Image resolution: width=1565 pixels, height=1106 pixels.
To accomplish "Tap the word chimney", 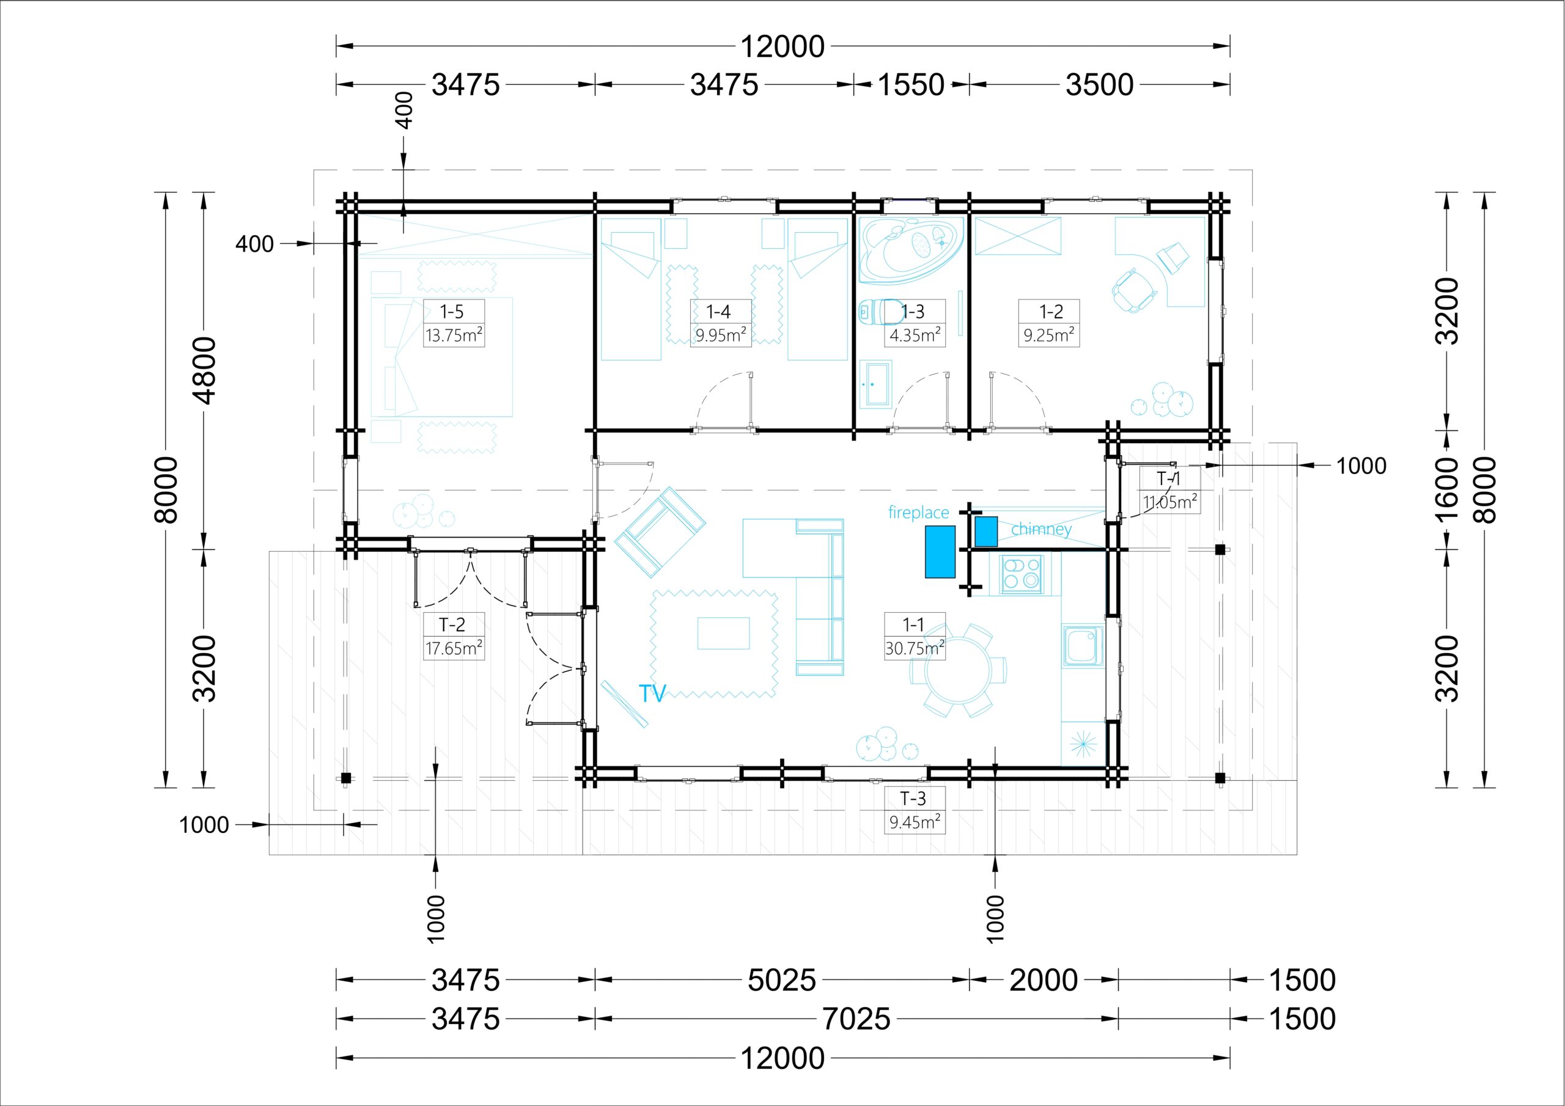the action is click(x=1041, y=529).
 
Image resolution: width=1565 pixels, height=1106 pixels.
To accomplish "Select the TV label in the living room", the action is click(x=652, y=694).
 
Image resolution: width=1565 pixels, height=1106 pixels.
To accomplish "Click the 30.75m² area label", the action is click(x=915, y=648).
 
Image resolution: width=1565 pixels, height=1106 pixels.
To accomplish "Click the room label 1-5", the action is click(x=451, y=312).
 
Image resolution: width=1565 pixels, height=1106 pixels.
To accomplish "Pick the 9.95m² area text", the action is click(x=721, y=335).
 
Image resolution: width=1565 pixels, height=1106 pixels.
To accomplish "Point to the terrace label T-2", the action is click(x=452, y=624).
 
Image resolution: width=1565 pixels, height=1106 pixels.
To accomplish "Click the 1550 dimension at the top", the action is click(x=911, y=85).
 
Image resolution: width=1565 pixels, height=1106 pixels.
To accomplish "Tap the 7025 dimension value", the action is click(x=856, y=1019).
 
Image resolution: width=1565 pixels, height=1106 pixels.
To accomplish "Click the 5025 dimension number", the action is click(x=781, y=981).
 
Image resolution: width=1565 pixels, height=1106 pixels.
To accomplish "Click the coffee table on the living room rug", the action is click(x=723, y=633).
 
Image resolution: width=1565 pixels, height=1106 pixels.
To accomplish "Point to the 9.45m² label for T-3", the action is click(x=915, y=822).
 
